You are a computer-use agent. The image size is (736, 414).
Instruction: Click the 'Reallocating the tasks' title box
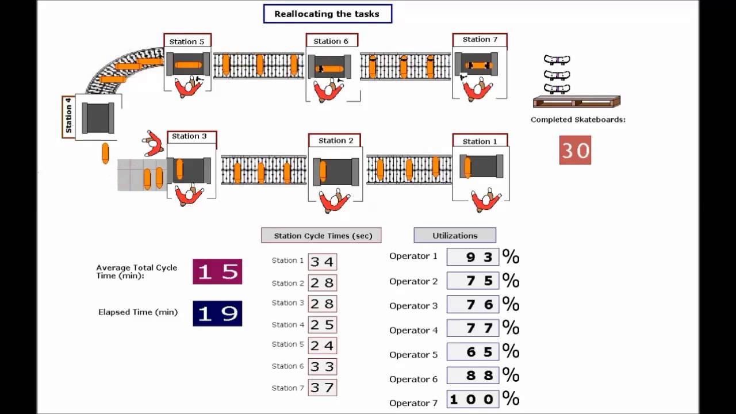click(x=327, y=14)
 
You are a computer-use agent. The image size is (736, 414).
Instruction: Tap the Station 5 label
click(x=187, y=41)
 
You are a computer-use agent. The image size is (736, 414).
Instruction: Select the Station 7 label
click(x=480, y=40)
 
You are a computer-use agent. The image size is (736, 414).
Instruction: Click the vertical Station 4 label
click(x=68, y=117)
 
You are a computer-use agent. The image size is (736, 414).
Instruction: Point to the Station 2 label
click(x=336, y=140)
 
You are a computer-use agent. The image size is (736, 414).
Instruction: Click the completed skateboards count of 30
click(x=575, y=150)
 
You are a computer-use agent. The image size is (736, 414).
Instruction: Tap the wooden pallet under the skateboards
click(x=576, y=102)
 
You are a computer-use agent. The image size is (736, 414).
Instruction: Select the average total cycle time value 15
click(x=217, y=271)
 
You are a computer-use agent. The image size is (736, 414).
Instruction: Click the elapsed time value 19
click(x=217, y=313)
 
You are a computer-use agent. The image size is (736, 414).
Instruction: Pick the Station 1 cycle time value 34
click(x=322, y=262)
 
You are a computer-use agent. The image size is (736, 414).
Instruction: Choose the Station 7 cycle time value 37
click(x=322, y=388)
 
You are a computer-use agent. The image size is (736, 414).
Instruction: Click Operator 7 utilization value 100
click(x=472, y=398)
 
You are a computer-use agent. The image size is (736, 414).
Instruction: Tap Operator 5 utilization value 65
click(x=472, y=351)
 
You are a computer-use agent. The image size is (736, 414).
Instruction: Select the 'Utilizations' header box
click(x=455, y=235)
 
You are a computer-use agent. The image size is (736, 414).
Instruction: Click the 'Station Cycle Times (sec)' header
click(x=321, y=235)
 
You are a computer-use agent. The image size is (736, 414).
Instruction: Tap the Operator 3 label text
click(x=413, y=306)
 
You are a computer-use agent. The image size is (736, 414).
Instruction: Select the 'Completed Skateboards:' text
click(x=578, y=120)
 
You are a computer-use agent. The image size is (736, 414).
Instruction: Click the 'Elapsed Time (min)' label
click(x=138, y=312)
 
